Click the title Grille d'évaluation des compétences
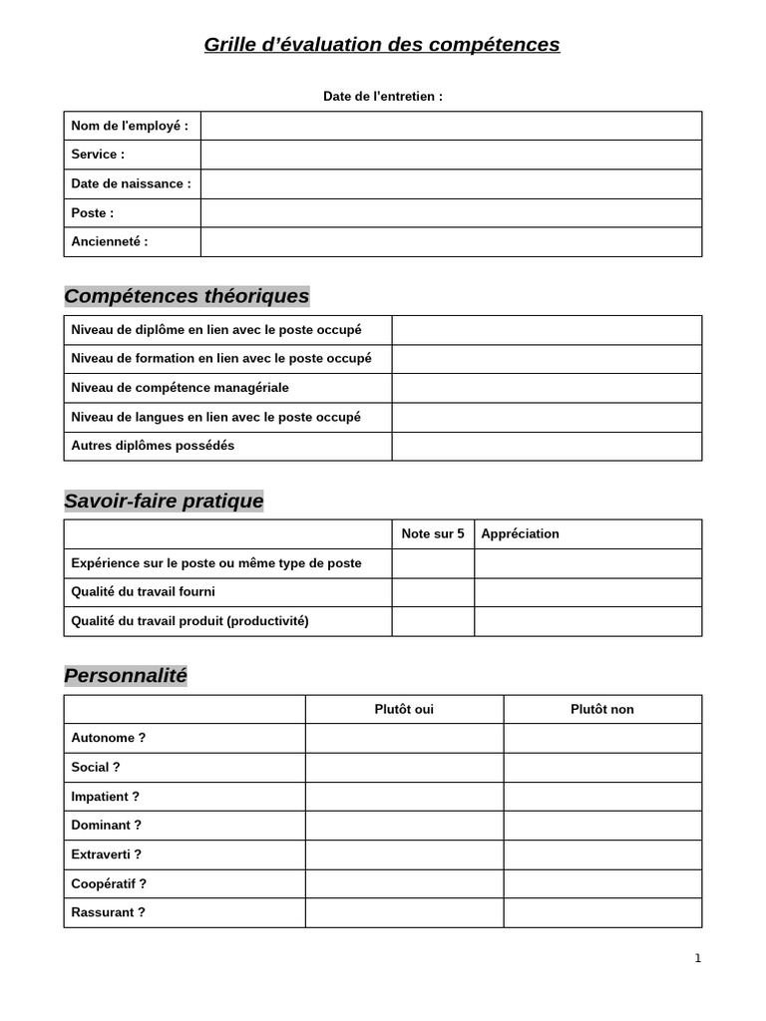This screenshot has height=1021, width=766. pyautogui.click(x=382, y=45)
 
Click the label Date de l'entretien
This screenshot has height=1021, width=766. pyautogui.click(x=382, y=97)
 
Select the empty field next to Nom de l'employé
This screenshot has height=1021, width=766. pyautogui.click(x=451, y=126)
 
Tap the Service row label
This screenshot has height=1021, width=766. pyautogui.click(x=98, y=155)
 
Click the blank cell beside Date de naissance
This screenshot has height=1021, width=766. pyautogui.click(x=451, y=183)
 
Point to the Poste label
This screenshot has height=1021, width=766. pyautogui.click(x=93, y=212)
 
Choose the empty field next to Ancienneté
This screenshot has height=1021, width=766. pyautogui.click(x=451, y=241)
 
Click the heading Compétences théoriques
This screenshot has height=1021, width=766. pyautogui.click(x=187, y=296)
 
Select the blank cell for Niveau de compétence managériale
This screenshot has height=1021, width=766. pyautogui.click(x=547, y=388)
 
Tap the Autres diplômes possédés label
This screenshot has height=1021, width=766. pyautogui.click(x=153, y=446)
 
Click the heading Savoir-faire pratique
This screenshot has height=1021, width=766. pyautogui.click(x=164, y=501)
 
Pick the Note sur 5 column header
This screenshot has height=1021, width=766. pyautogui.click(x=433, y=533)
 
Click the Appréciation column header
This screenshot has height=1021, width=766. pyautogui.click(x=520, y=533)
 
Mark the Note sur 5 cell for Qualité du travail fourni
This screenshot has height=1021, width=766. pyautogui.click(x=433, y=592)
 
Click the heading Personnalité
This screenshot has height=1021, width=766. pyautogui.click(x=126, y=675)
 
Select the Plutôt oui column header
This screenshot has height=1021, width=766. pyautogui.click(x=404, y=709)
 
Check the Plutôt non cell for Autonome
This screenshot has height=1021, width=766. pyautogui.click(x=602, y=738)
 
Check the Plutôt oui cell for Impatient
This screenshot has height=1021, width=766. pyautogui.click(x=404, y=797)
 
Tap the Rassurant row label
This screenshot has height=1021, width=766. pyautogui.click(x=108, y=912)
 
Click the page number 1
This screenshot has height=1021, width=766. pyautogui.click(x=698, y=958)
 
